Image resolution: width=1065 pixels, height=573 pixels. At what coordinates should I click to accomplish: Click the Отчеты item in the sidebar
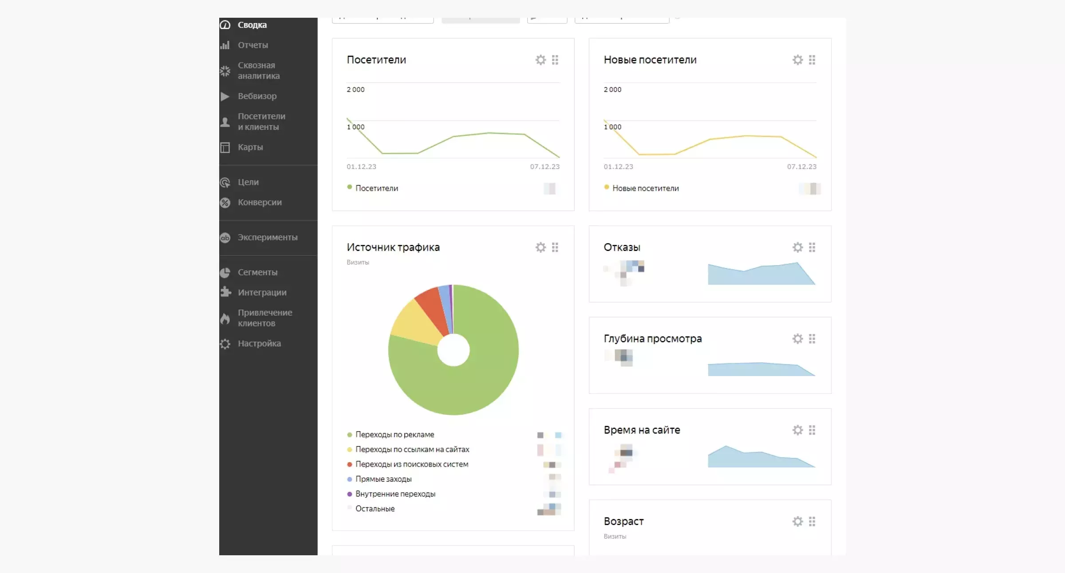point(252,45)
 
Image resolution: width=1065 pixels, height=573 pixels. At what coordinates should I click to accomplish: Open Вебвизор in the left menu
point(257,96)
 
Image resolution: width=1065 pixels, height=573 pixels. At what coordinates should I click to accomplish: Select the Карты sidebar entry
point(250,147)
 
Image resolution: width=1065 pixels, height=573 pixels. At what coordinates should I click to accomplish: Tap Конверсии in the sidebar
point(260,203)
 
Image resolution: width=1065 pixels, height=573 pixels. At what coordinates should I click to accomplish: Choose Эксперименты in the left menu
point(267,238)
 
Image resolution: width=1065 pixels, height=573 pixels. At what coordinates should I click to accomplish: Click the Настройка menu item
point(259,344)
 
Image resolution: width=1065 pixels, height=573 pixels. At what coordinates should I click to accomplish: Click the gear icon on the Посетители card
point(540,60)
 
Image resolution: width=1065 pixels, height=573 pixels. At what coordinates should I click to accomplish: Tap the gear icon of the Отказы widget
point(797,247)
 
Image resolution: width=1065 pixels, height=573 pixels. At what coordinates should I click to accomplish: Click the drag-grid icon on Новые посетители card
point(812,60)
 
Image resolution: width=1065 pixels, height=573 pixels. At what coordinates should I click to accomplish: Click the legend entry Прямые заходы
point(383,479)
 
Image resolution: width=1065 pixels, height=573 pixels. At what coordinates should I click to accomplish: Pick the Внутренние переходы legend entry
point(395,494)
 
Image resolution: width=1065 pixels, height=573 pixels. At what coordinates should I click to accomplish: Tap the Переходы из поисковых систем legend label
point(411,464)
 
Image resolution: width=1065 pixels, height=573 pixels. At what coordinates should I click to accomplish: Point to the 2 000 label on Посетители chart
point(355,90)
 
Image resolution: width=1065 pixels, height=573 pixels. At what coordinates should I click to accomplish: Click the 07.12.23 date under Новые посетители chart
point(801,167)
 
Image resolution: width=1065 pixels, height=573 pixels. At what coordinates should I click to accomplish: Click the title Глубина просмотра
point(652,339)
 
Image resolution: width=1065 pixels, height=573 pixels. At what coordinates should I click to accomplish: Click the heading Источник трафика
point(393,247)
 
